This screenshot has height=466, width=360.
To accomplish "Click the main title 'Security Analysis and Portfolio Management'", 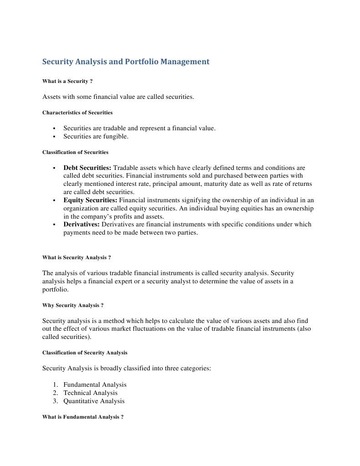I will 126,61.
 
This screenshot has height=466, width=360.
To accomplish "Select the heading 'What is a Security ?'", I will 67,81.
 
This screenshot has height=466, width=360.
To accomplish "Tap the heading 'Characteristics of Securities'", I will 77,113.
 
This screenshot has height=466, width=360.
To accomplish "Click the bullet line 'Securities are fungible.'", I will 96,137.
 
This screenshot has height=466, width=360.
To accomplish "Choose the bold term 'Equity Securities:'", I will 90,200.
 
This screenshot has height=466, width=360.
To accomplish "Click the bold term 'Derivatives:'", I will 81,224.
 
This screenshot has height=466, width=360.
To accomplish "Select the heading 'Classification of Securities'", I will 75,152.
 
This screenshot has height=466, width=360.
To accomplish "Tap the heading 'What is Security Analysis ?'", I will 76,257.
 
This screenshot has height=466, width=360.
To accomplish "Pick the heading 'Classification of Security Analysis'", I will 85,353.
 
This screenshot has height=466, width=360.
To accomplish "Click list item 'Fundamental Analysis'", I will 95,384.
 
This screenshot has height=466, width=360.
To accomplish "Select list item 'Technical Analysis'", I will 90,393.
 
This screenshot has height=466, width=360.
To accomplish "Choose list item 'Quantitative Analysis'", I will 94,401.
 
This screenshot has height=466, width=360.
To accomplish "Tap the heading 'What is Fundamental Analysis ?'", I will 83,417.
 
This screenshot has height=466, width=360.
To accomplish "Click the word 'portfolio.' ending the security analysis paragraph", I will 55,289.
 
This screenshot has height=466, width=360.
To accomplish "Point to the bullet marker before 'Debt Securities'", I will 54,168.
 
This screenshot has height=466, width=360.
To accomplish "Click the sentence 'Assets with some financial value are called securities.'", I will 118,97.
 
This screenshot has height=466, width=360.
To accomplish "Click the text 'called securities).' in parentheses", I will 66,337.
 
